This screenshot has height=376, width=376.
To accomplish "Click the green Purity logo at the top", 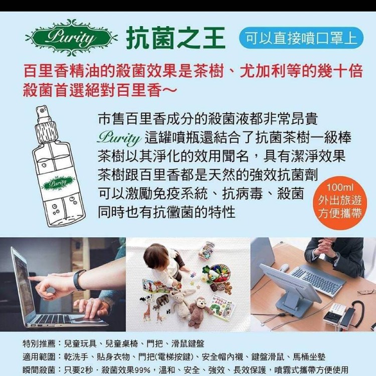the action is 71,38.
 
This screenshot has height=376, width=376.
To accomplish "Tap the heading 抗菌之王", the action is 176,38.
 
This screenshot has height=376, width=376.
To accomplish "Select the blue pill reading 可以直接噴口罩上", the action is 301,38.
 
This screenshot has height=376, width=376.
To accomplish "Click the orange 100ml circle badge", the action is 339,203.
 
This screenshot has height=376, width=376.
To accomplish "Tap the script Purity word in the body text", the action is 119,138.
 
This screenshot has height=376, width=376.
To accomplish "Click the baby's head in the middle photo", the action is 157,257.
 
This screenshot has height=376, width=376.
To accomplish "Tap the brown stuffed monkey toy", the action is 199,312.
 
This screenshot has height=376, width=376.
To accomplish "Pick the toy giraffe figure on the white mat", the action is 147,312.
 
